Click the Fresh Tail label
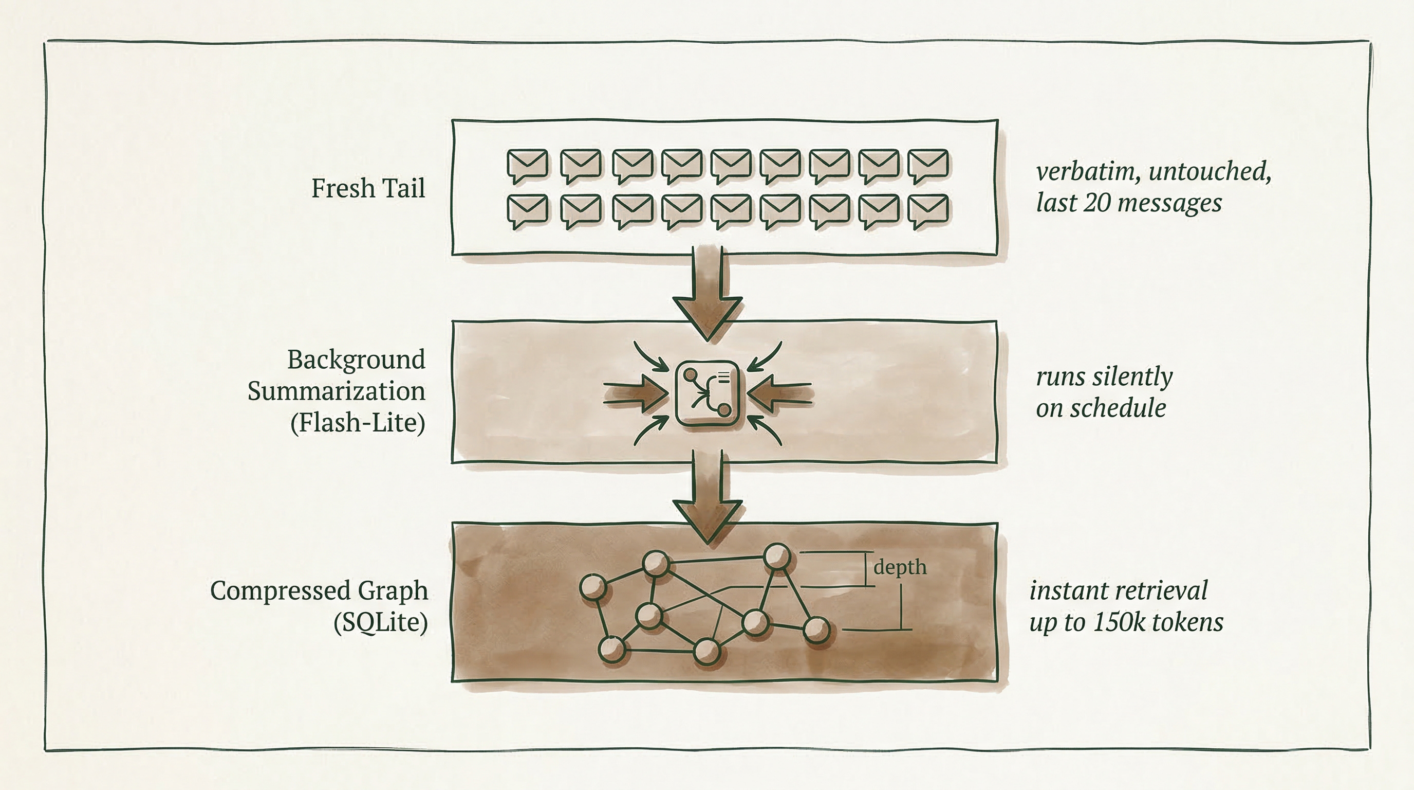(368, 188)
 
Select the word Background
(356, 361)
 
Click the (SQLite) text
(380, 622)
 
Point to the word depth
(900, 567)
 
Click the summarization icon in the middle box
(707, 393)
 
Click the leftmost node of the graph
(593, 587)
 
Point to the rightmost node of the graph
(816, 630)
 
